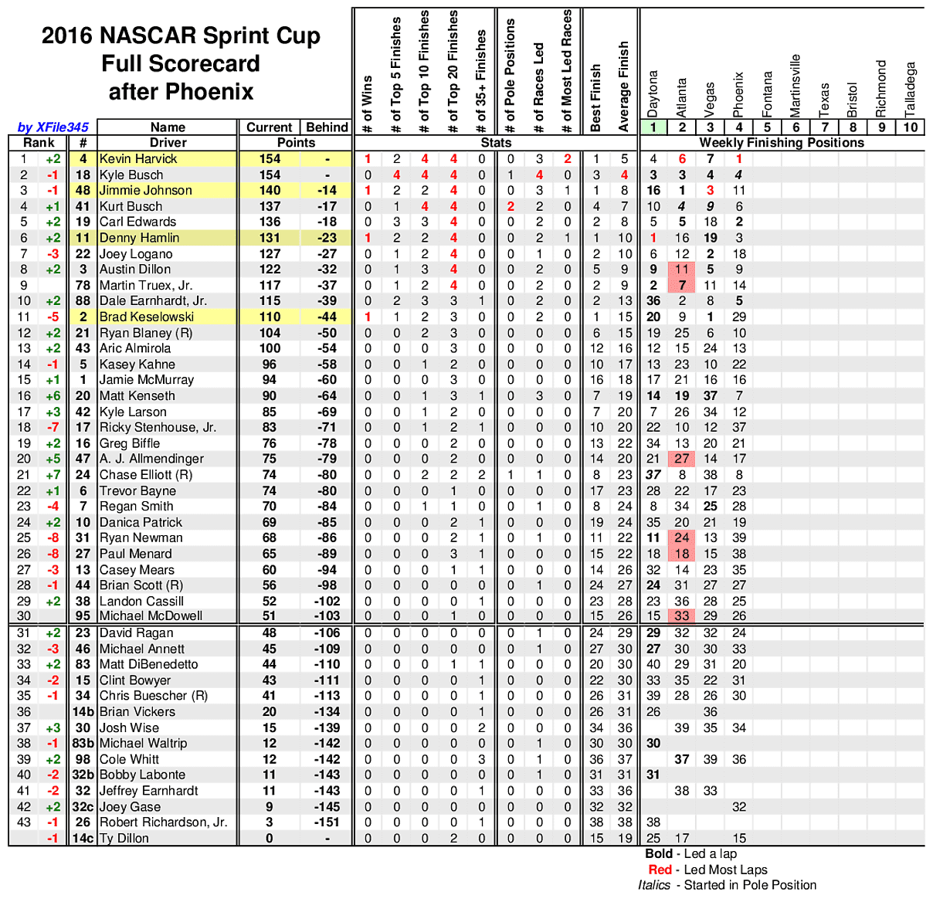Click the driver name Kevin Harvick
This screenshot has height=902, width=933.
[138, 159]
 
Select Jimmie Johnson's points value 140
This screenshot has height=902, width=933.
[270, 191]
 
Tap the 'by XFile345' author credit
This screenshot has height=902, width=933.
[53, 127]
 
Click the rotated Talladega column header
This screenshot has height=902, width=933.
[910, 88]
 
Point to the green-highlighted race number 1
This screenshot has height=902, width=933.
[653, 127]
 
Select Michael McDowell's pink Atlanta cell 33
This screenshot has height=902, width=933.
[682, 616]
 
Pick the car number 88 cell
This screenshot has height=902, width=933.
[83, 301]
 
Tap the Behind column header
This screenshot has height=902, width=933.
[327, 127]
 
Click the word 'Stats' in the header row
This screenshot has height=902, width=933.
[496, 143]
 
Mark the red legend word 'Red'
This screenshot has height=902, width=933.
[660, 870]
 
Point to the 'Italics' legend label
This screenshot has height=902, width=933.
[655, 885]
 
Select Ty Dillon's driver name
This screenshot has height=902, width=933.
[124, 839]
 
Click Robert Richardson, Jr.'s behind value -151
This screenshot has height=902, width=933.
[327, 822]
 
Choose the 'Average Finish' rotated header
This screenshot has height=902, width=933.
[624, 86]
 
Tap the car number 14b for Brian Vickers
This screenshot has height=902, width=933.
[83, 712]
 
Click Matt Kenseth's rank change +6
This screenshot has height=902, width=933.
[53, 396]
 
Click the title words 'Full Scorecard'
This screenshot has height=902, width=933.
[181, 63]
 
